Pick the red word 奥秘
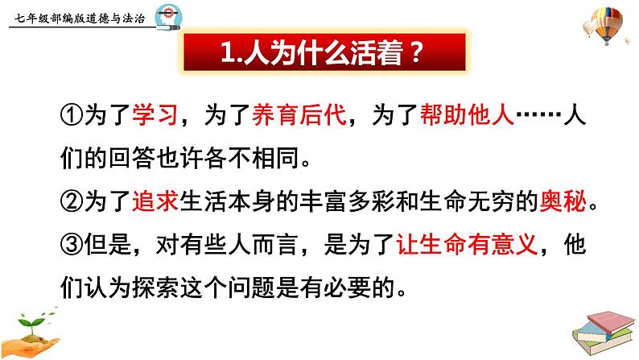tap(563, 201)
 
